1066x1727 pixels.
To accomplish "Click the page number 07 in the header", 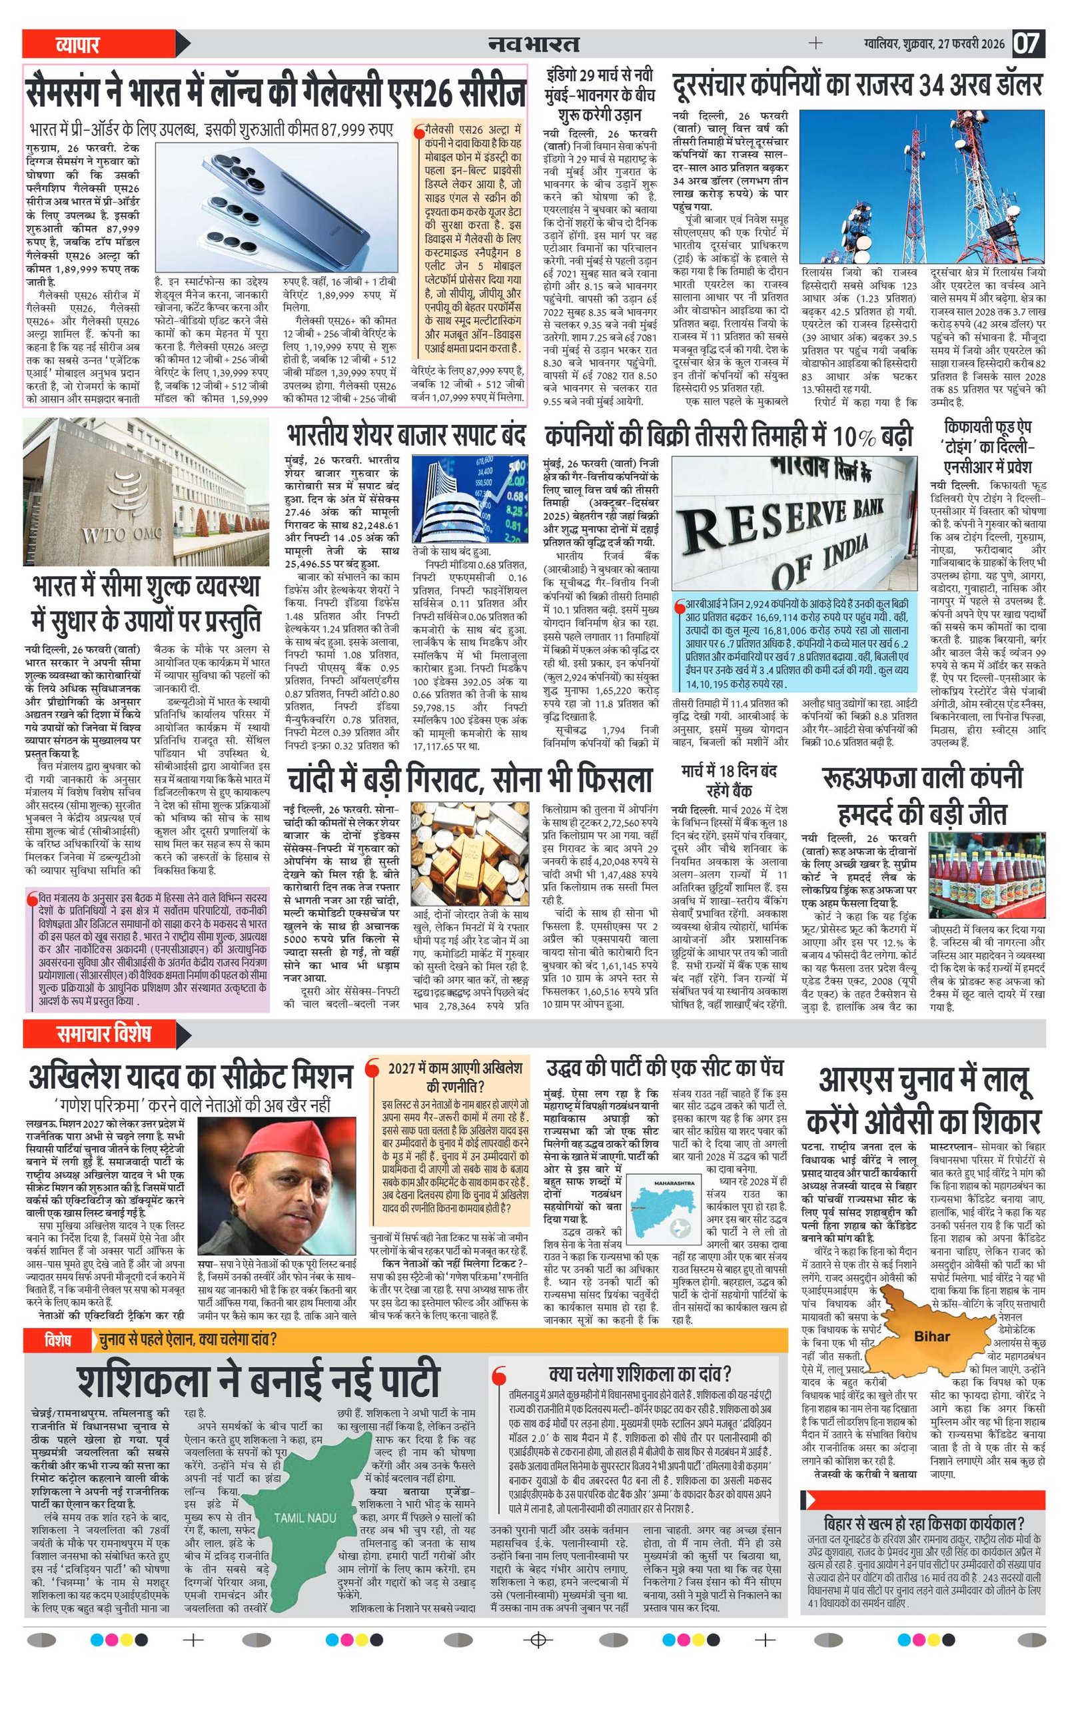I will (x=1027, y=44).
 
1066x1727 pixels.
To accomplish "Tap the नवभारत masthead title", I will (x=534, y=44).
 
